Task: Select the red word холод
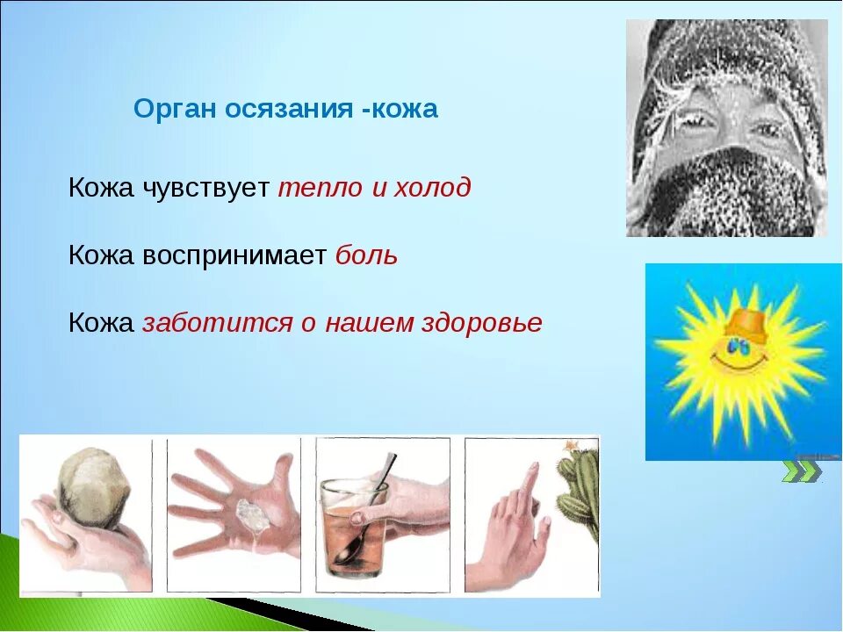[x=433, y=188]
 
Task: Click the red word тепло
[x=320, y=189]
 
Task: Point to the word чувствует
[x=205, y=189]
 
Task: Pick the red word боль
[x=367, y=255]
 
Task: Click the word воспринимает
[x=234, y=256]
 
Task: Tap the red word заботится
[x=217, y=322]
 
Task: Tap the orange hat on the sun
[x=746, y=325]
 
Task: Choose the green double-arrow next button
[x=801, y=470]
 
